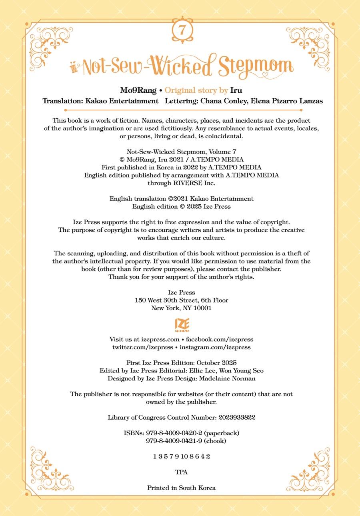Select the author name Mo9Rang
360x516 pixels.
click(138, 90)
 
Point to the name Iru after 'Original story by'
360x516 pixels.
click(236, 90)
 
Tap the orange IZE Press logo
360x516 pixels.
click(182, 325)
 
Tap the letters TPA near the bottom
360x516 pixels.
click(181, 472)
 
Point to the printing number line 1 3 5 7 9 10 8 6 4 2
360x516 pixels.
click(181, 456)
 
